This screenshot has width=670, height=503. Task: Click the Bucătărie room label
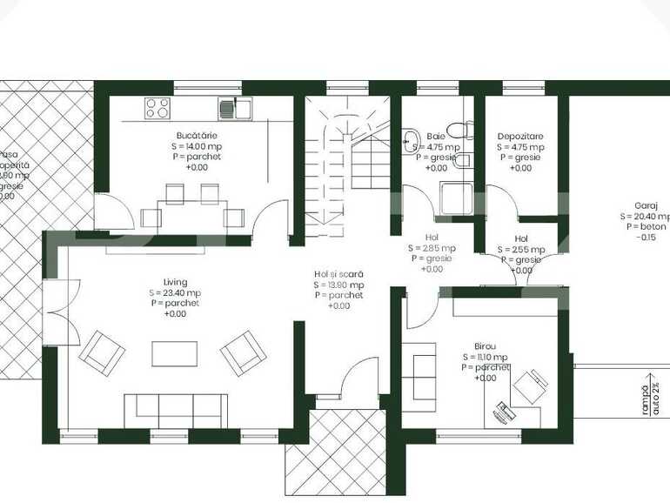tap(197, 137)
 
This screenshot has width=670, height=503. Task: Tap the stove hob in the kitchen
tap(157, 108)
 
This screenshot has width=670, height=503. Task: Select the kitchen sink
tap(235, 109)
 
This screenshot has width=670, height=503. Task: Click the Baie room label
tap(436, 137)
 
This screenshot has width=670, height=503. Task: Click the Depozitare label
tap(520, 137)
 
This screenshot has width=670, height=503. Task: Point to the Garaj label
tap(645, 205)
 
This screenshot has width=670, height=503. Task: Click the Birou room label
tap(485, 345)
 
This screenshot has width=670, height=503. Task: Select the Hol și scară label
tap(338, 274)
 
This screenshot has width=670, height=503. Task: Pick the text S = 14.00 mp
tap(197, 147)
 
